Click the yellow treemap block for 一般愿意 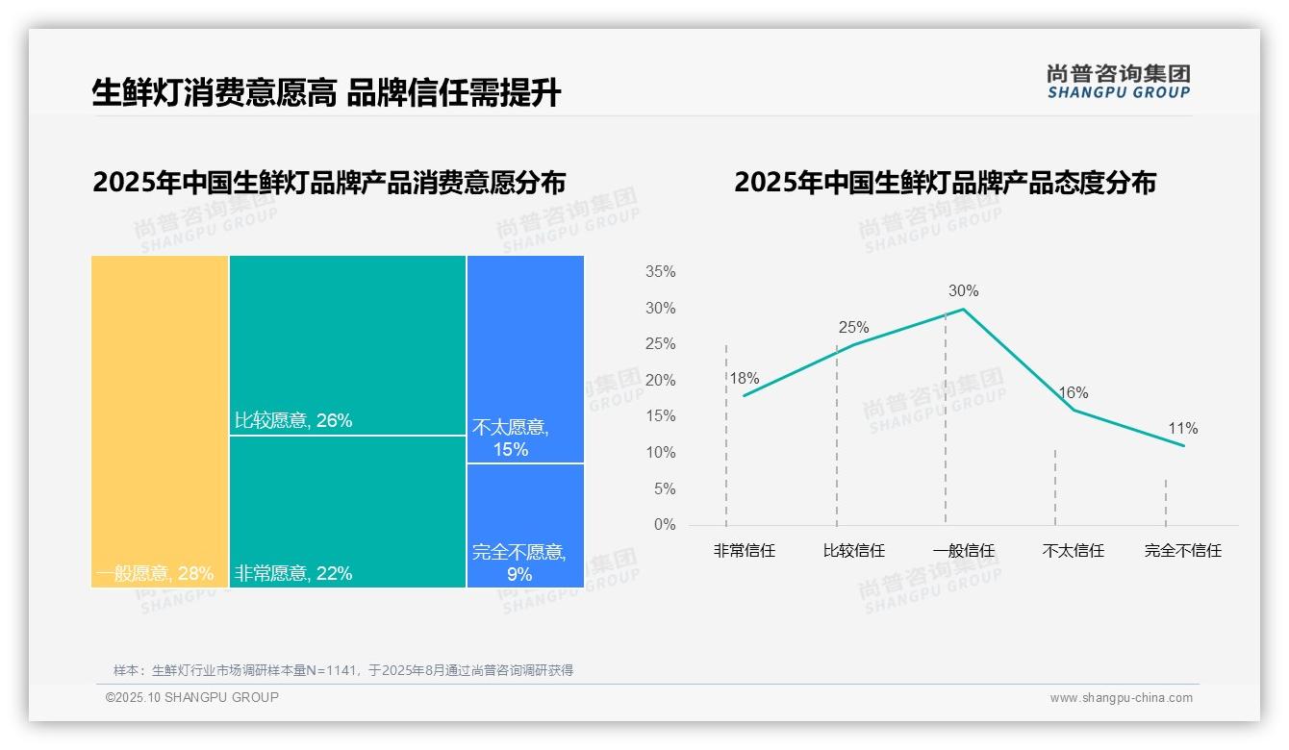160,421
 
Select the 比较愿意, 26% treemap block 347,345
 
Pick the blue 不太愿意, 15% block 525,359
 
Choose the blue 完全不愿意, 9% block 525,525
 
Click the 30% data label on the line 963,290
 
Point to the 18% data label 744,378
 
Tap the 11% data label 1183,428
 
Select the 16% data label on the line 1073,392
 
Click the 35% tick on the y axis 660,272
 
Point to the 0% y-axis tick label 664,525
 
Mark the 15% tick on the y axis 660,416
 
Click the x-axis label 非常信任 744,551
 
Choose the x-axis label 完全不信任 1182,551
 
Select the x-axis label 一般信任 963,551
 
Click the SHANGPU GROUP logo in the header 1118,82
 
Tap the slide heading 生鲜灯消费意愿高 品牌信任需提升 326,92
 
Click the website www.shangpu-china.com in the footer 1121,698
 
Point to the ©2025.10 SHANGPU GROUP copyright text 192,697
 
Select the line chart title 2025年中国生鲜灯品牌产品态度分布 945,183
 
